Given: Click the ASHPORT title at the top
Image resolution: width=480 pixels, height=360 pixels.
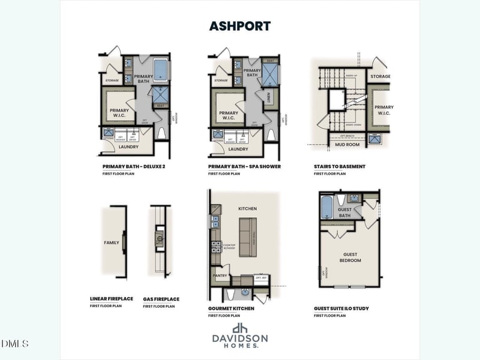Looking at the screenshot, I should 240,26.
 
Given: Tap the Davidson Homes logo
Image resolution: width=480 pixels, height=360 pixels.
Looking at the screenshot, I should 240,336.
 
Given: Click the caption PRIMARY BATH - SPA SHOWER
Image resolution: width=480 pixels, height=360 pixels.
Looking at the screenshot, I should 244,166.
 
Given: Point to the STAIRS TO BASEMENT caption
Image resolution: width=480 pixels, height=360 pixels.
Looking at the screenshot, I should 340,166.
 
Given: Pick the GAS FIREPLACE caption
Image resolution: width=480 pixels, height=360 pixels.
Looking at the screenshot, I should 161,299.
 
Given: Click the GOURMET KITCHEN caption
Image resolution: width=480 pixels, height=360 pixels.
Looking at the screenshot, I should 231,308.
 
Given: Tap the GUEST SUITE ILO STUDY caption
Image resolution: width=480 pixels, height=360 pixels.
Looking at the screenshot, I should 341,308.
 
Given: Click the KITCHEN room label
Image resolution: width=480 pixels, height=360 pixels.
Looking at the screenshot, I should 247,209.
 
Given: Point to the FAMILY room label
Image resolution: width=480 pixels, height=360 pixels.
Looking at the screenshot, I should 112,243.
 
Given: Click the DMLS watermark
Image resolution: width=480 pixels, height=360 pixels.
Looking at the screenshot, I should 15,344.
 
